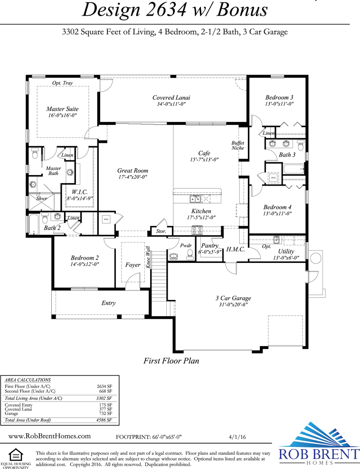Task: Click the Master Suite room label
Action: tap(63, 109)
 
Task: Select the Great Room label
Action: tap(133, 170)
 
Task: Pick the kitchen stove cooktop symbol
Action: tap(197, 230)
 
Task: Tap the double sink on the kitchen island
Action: tap(195, 198)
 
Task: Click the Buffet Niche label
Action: tap(237, 145)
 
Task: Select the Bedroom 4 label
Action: tap(277, 207)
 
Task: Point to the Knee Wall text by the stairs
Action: tap(148, 257)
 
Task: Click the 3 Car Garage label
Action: tap(233, 298)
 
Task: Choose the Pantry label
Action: tap(210, 246)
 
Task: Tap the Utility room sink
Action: tap(276, 239)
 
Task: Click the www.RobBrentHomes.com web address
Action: tap(49, 436)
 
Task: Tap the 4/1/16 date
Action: tap(237, 437)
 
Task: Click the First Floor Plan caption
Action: tap(171, 361)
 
